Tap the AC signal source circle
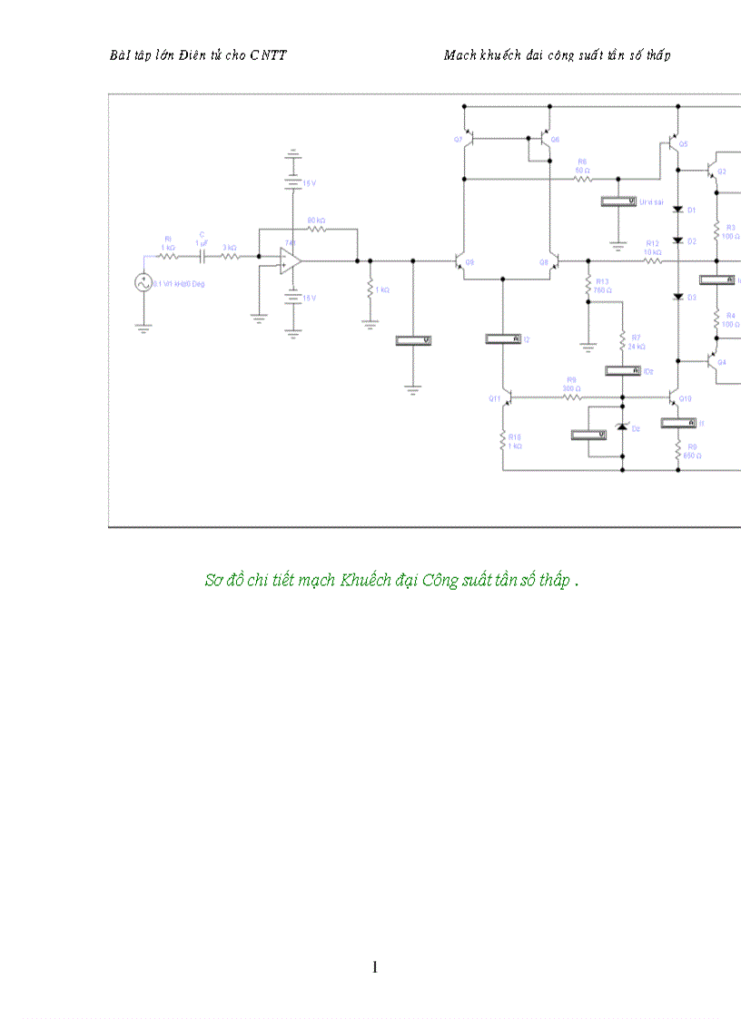click(143, 283)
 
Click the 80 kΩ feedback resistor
click(316, 230)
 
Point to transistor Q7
click(469, 139)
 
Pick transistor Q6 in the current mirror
click(544, 139)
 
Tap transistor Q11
click(506, 397)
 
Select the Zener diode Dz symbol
click(623, 427)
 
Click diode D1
click(677, 211)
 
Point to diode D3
click(677, 297)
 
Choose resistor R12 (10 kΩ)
click(653, 261)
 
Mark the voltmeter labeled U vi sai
click(618, 201)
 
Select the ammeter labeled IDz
click(623, 371)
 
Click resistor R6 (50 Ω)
click(582, 178)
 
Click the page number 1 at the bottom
click(374, 967)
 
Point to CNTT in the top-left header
click(268, 55)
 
